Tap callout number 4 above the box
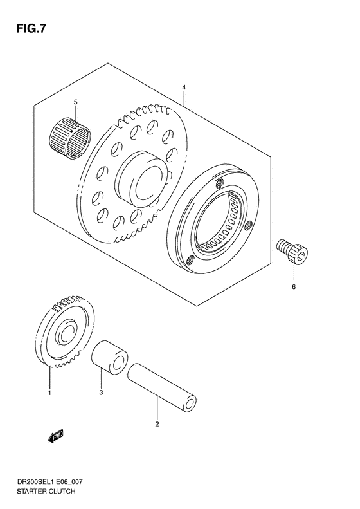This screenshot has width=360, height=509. pyautogui.click(x=183, y=87)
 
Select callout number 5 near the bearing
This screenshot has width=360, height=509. pyautogui.click(x=75, y=102)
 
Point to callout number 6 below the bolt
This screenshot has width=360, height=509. pyautogui.click(x=293, y=286)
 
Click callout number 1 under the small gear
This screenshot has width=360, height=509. pyautogui.click(x=49, y=391)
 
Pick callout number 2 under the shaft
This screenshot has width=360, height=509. pyautogui.click(x=157, y=424)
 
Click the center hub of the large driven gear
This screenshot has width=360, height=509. pyautogui.click(x=142, y=176)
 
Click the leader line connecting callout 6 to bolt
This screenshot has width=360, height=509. pyautogui.click(x=293, y=272)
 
